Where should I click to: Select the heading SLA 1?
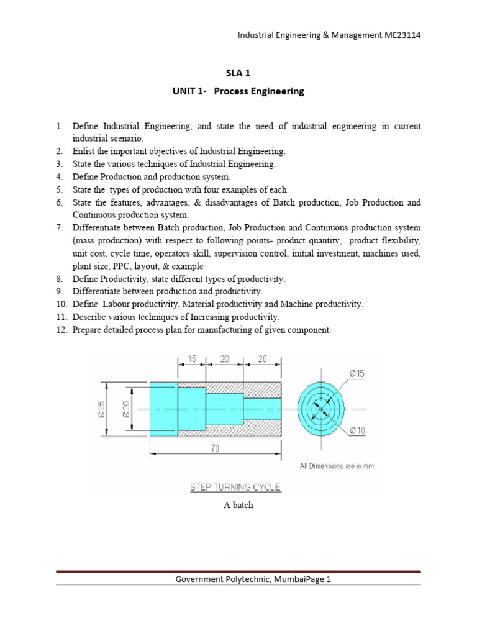pyautogui.click(x=238, y=73)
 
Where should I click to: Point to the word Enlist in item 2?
pyautogui.click(x=84, y=151)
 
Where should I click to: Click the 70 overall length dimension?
pyautogui.click(x=215, y=449)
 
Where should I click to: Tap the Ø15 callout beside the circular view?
pyautogui.click(x=358, y=373)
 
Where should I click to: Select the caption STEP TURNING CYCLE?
pyautogui.click(x=235, y=488)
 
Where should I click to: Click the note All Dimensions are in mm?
pyautogui.click(x=337, y=466)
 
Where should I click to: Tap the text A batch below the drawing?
pyautogui.click(x=238, y=506)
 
